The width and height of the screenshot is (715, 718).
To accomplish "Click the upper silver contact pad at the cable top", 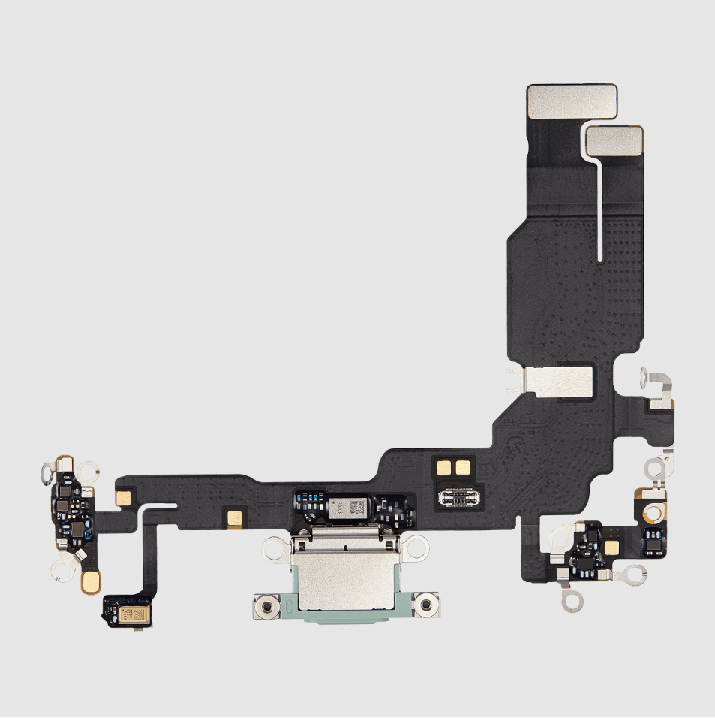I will pos(572,101).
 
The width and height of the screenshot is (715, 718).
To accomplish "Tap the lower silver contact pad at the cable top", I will pos(614,143).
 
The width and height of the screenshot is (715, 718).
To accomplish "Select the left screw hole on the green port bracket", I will pos(266,604).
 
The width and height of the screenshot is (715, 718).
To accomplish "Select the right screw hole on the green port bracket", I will pos(425,604).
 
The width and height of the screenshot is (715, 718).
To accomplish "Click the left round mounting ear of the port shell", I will pos(272,551).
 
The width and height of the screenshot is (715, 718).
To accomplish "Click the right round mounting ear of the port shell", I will pos(410,551).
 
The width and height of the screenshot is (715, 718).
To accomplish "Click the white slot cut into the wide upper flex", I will pos(601,210).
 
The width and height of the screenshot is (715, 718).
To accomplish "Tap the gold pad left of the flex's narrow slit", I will pos(120,497).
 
